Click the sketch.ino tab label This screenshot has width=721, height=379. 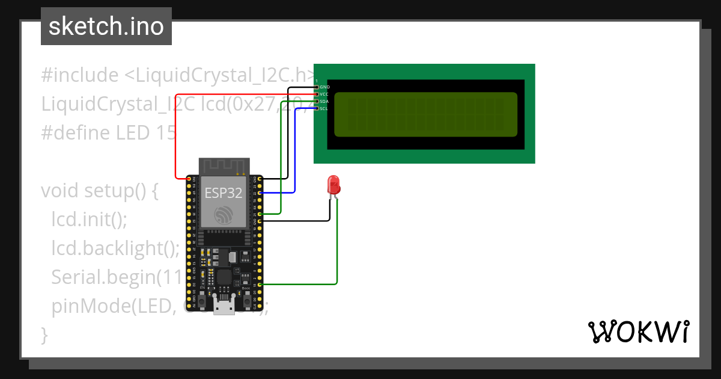point(106,26)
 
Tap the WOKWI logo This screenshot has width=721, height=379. point(637,331)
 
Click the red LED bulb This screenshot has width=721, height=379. point(333,185)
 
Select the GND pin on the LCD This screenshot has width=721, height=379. point(317,87)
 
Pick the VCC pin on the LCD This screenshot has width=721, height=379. point(317,94)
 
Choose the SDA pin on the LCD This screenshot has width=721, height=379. point(317,102)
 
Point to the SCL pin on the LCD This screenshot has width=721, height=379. point(317,109)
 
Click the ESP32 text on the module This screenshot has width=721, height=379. point(224,193)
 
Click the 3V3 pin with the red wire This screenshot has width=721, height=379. point(189,179)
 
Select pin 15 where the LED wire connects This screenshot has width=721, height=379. point(260,284)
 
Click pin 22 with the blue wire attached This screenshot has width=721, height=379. point(260,193)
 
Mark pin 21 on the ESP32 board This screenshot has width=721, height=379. point(260,214)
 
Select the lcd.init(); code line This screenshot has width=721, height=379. point(89,220)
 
